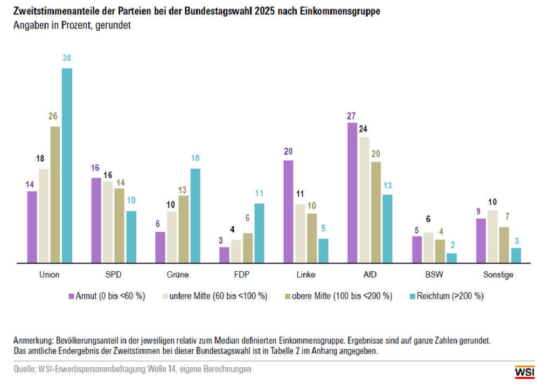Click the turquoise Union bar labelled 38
coord(67,165)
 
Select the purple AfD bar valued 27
coord(352,193)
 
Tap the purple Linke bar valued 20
coord(288,212)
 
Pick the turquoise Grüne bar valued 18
coord(195,216)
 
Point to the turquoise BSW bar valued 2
coord(451,258)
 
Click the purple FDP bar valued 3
coord(224,255)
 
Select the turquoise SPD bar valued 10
coord(131,237)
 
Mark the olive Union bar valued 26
coord(55,195)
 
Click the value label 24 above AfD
coord(364,129)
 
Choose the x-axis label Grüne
coord(178,275)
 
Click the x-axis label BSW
coord(434,275)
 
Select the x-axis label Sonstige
coord(498,275)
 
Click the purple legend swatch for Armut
coord(71,296)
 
